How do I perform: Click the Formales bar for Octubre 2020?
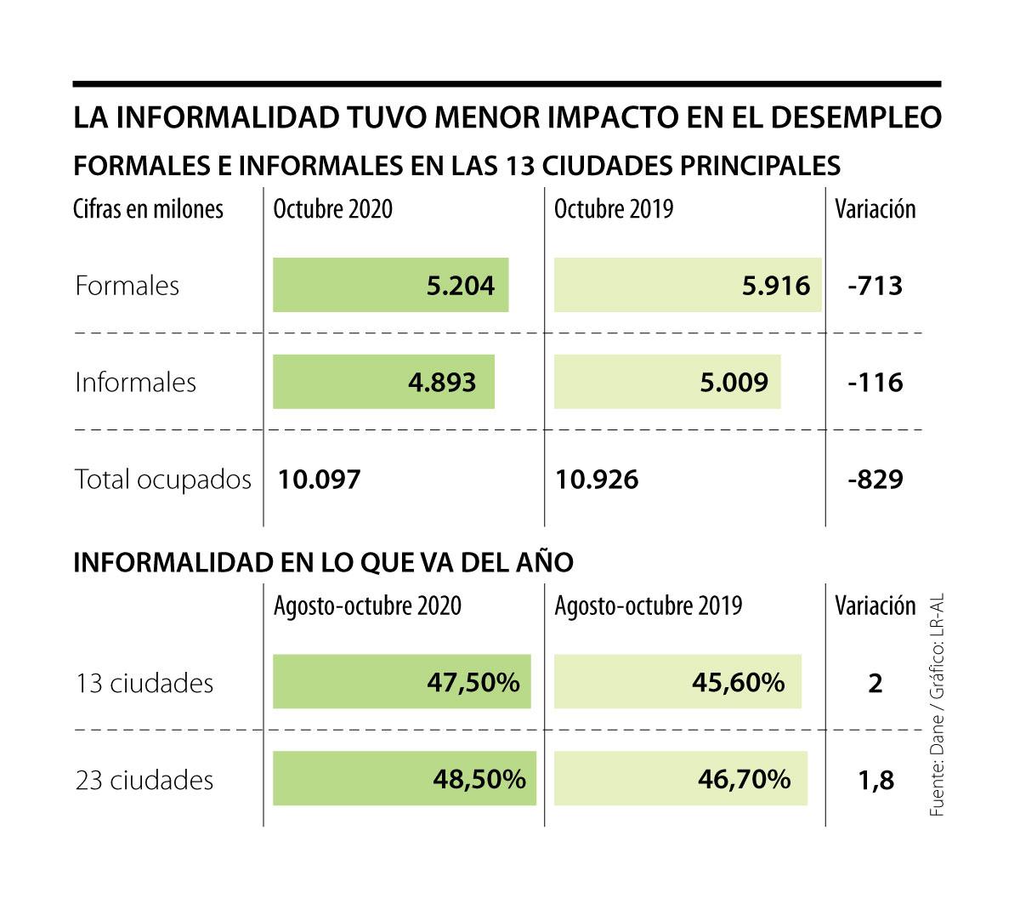tap(390, 285)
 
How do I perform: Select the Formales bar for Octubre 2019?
tap(687, 285)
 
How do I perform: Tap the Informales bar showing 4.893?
tap(383, 382)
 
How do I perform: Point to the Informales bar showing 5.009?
tap(666, 382)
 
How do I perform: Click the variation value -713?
tap(875, 286)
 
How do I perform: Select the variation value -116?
tap(875, 383)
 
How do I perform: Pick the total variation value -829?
tap(875, 480)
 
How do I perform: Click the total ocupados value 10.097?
tap(320, 480)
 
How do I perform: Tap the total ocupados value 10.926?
tap(597, 480)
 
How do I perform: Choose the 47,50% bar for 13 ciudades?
tap(401, 682)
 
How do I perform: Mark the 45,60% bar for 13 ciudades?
tap(677, 682)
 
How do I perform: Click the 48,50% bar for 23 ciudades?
tap(404, 779)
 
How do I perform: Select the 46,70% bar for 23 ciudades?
tap(680, 779)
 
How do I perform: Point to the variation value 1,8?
tap(875, 780)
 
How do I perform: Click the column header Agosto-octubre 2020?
tap(367, 606)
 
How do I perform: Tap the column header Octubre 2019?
tap(614, 209)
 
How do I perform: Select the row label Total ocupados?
tap(163, 480)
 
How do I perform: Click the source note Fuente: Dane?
tap(937, 769)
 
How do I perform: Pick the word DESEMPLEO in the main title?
tap(856, 117)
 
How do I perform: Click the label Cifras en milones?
tap(148, 209)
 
